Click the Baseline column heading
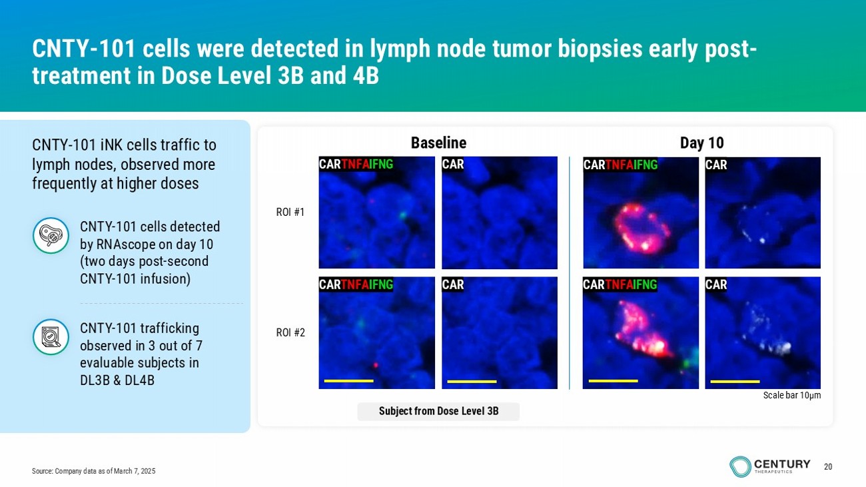coord(438,143)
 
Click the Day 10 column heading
coord(701,143)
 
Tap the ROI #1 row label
coord(290,213)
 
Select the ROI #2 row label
coord(290,332)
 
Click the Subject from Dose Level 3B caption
coord(438,411)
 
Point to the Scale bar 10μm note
coord(791,396)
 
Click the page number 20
coord(828,467)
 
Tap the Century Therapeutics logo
coord(769,466)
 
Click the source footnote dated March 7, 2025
coord(93,471)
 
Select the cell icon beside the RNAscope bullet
coord(51,235)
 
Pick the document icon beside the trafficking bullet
coord(51,336)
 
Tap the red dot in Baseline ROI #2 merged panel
coord(376,365)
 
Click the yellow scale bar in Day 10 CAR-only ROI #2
coord(735,382)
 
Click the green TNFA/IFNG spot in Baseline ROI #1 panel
coord(403,215)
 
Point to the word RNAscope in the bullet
coord(125,244)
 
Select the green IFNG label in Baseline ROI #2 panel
coord(381,285)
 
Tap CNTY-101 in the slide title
coord(84,49)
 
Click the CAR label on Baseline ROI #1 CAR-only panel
coord(453,165)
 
